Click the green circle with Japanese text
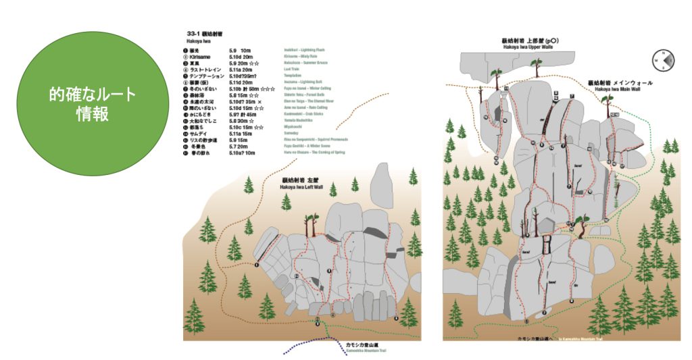coord(92,103)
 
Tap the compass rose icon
coord(662,60)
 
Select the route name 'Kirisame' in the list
coord(202,57)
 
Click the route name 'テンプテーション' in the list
coord(210,76)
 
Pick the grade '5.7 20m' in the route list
coord(240,147)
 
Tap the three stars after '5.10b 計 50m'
coord(268,89)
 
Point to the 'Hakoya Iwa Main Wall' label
coord(620,88)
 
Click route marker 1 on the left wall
coord(257,265)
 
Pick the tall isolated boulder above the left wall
coord(382,186)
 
